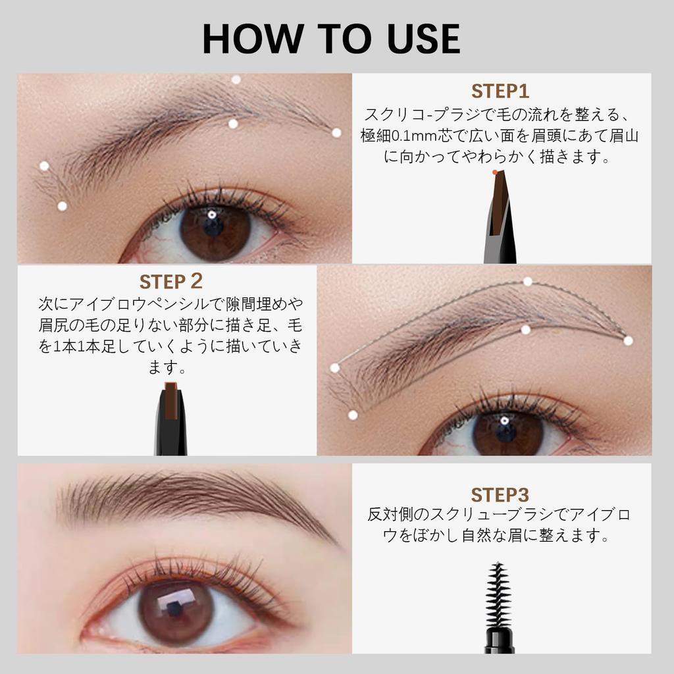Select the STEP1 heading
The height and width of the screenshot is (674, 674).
click(x=500, y=91)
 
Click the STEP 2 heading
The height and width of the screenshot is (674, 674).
click(x=171, y=282)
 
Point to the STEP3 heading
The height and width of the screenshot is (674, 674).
click(x=500, y=494)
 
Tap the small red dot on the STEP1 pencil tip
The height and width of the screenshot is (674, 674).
click(x=495, y=172)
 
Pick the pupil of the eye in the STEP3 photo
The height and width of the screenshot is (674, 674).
click(x=174, y=608)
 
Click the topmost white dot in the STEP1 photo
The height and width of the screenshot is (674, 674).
click(x=236, y=80)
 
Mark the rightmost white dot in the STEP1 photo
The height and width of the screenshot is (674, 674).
click(x=336, y=132)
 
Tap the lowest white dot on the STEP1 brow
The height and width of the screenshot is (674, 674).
click(x=62, y=205)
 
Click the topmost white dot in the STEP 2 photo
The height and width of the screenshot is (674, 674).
click(x=527, y=282)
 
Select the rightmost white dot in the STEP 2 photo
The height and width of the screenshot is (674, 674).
click(x=628, y=340)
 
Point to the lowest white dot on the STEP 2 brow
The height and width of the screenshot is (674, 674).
click(x=353, y=415)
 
